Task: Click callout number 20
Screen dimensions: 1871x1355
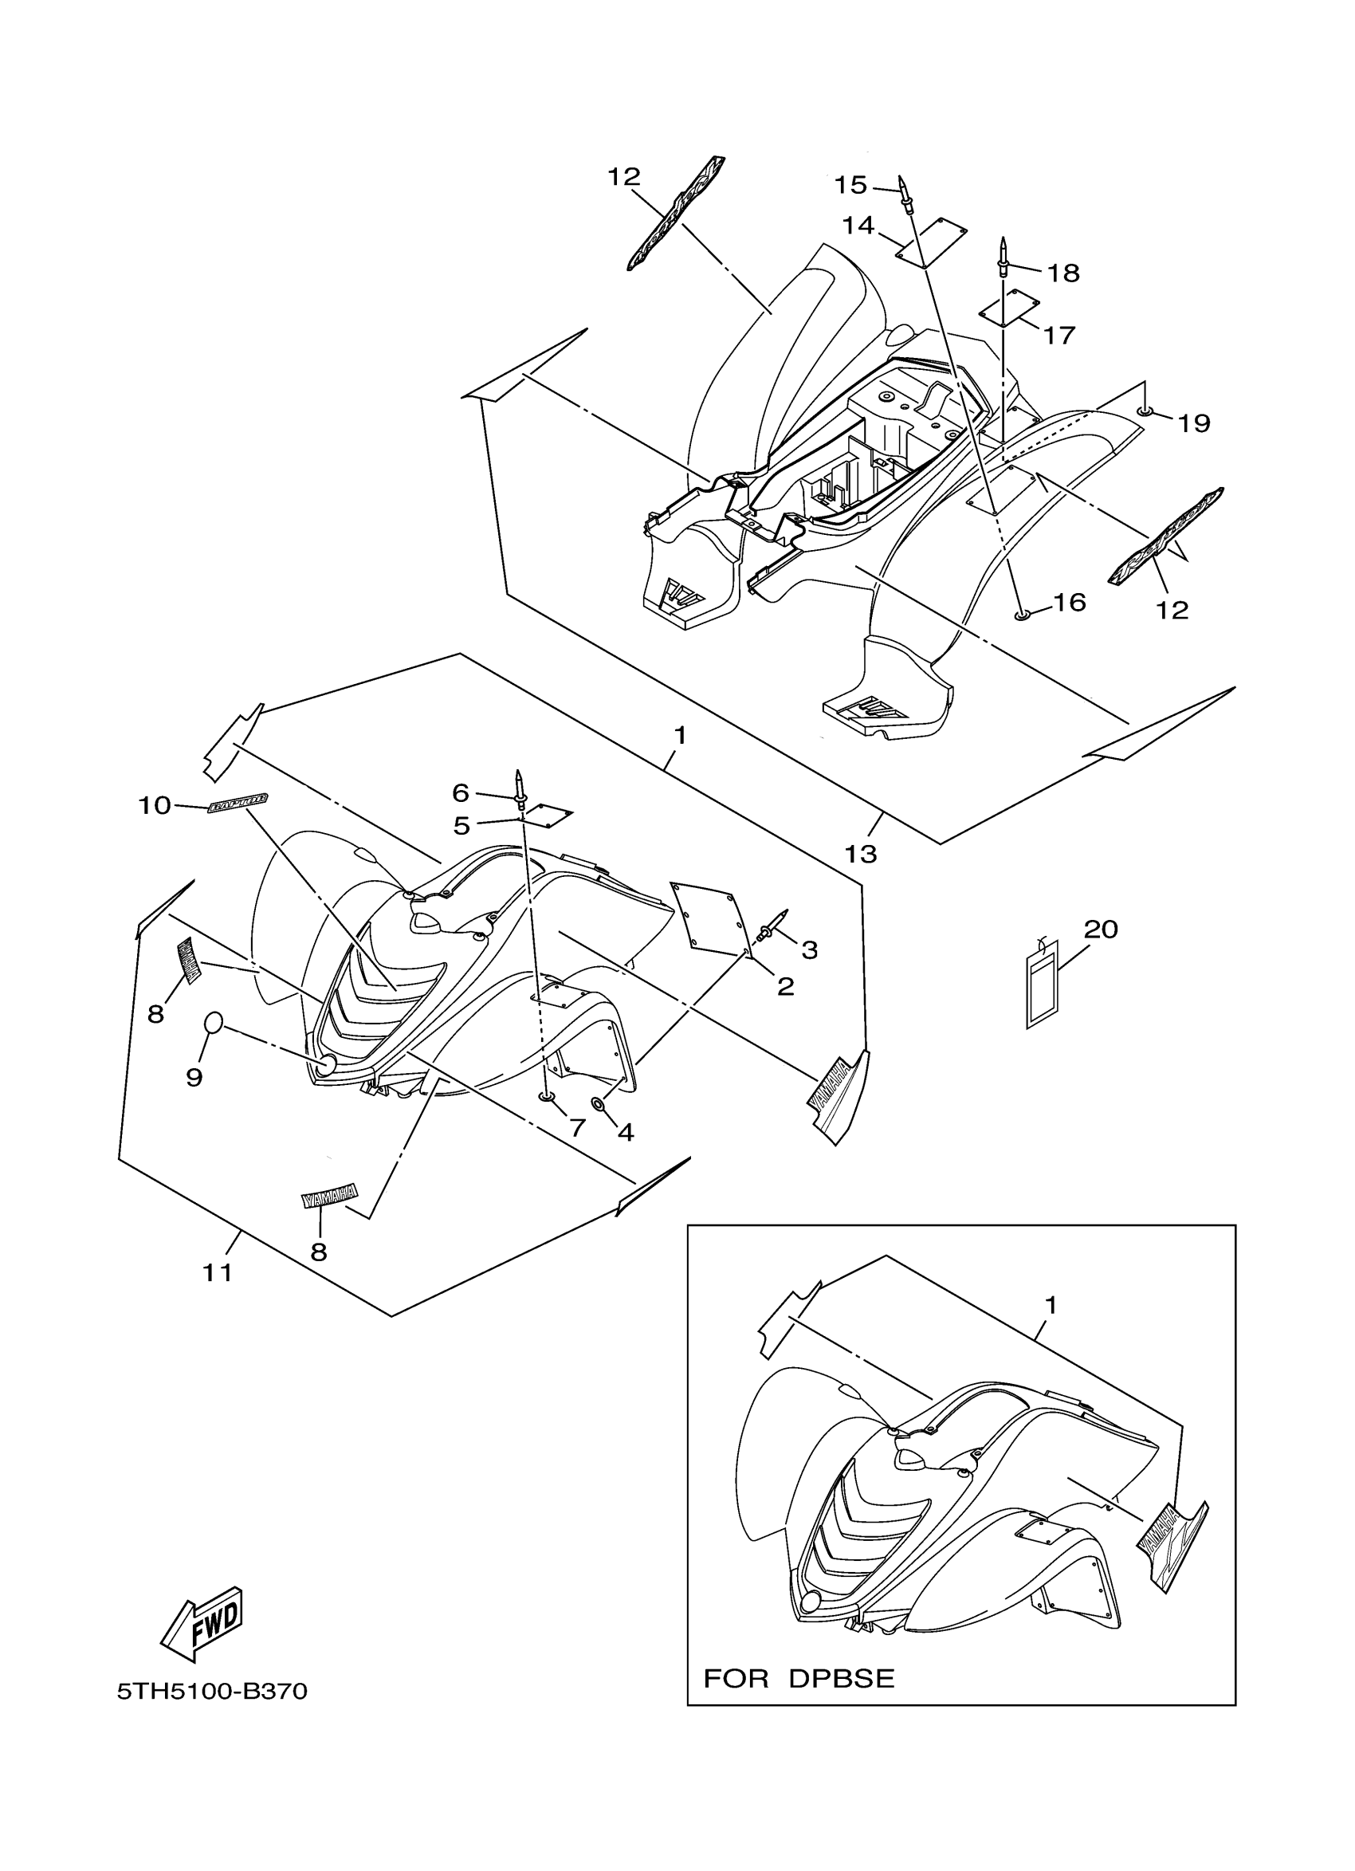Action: [1100, 930]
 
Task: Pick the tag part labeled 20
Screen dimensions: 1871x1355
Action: [1043, 987]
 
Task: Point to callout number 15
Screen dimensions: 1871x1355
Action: [850, 186]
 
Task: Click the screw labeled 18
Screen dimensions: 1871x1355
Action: [1003, 259]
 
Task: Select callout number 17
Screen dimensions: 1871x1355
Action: [1059, 335]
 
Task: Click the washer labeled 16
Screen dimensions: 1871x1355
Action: [1022, 615]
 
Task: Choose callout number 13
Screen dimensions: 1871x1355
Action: [860, 853]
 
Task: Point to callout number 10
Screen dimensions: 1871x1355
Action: [154, 805]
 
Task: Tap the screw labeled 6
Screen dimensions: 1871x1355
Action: [520, 787]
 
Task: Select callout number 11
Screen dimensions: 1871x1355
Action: [218, 1273]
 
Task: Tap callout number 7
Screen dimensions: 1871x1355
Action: [577, 1127]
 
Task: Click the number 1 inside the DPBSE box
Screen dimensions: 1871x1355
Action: [1050, 1306]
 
